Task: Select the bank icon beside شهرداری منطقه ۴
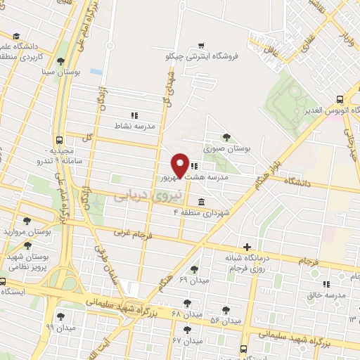point(202,202)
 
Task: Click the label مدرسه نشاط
point(134,127)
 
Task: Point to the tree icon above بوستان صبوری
point(226,138)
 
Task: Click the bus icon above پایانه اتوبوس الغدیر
point(340,100)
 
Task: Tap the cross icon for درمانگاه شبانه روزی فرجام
point(246,247)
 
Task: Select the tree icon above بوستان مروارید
point(27,221)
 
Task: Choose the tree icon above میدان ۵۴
point(226,309)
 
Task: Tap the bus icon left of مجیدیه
point(60,139)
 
